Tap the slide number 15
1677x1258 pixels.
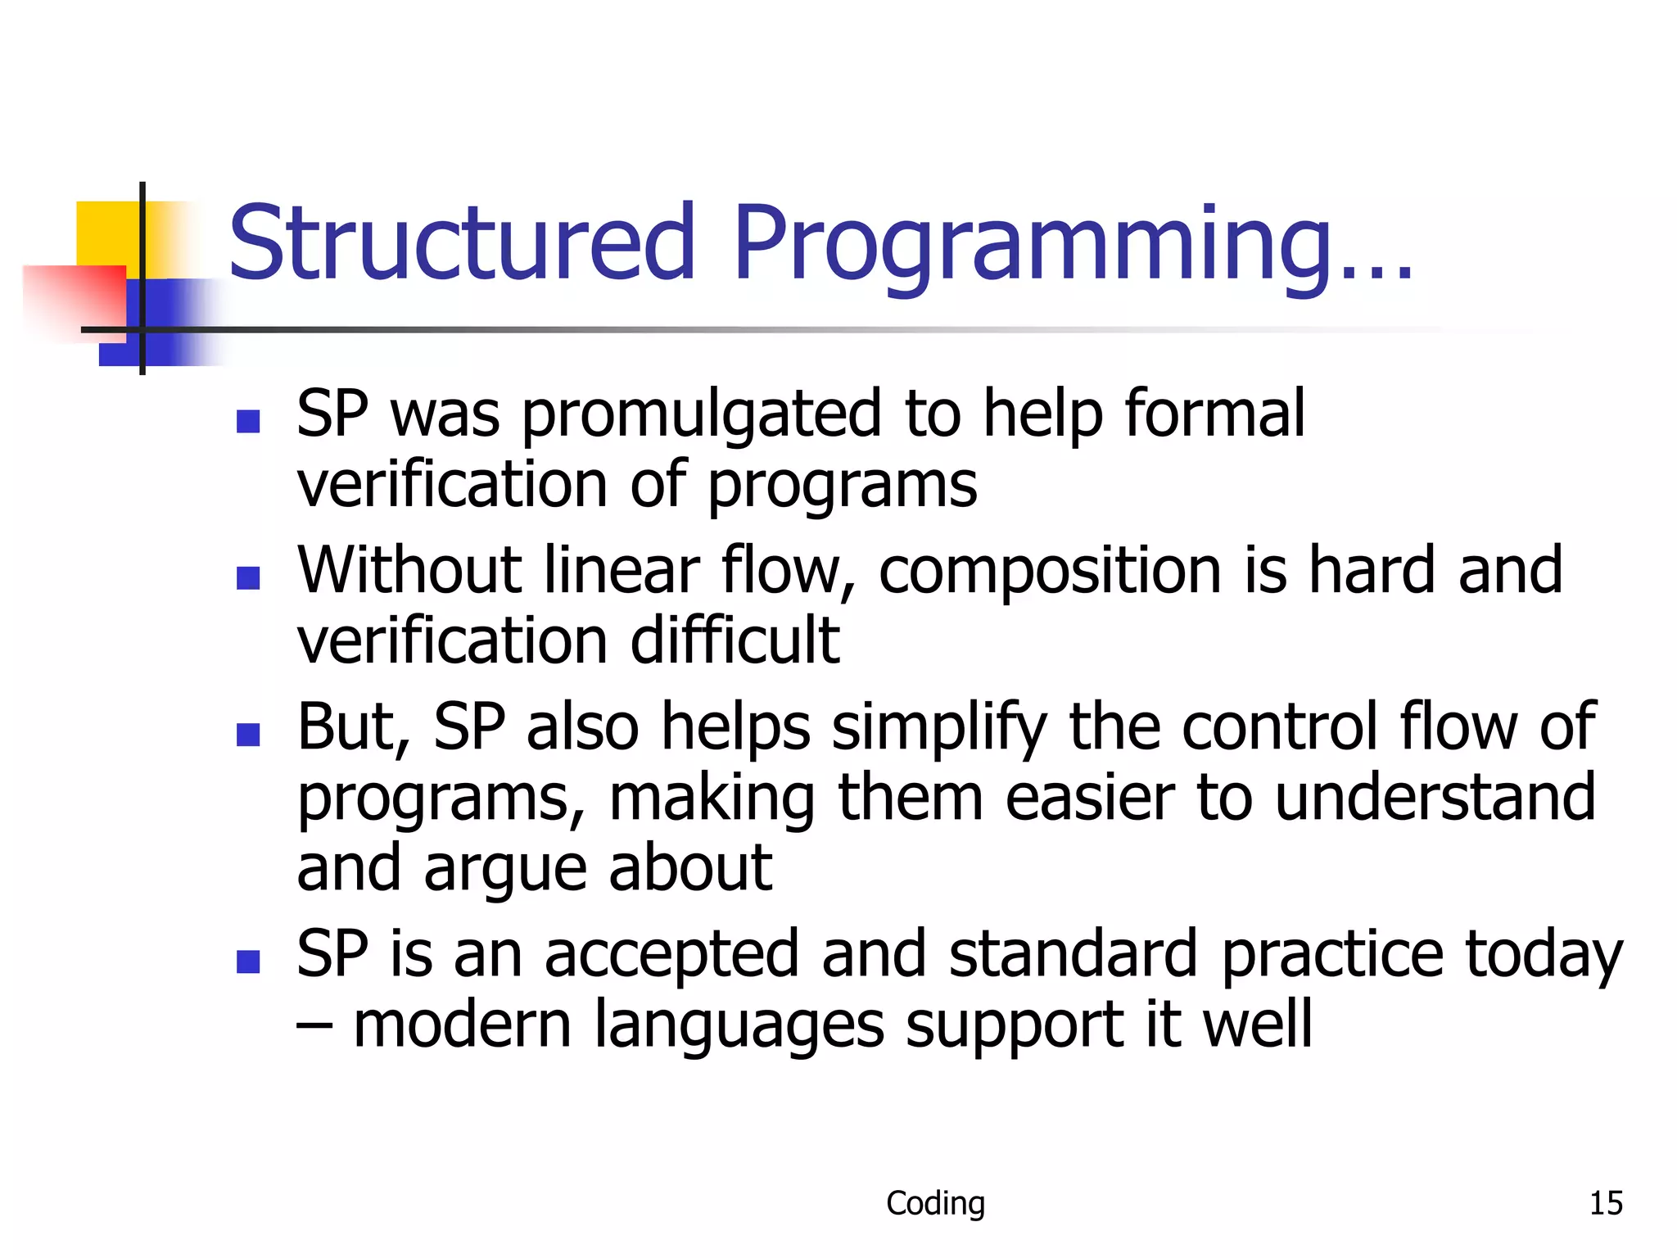[1605, 1203]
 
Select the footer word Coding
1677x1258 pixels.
[935, 1203]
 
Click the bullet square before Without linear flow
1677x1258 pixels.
[248, 578]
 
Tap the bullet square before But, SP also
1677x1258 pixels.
[248, 735]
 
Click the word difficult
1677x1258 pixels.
[735, 641]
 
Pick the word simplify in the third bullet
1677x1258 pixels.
[939, 729]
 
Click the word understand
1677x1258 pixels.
[1435, 798]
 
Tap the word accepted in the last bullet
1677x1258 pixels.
[671, 955]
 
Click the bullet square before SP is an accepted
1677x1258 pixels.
[248, 962]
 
